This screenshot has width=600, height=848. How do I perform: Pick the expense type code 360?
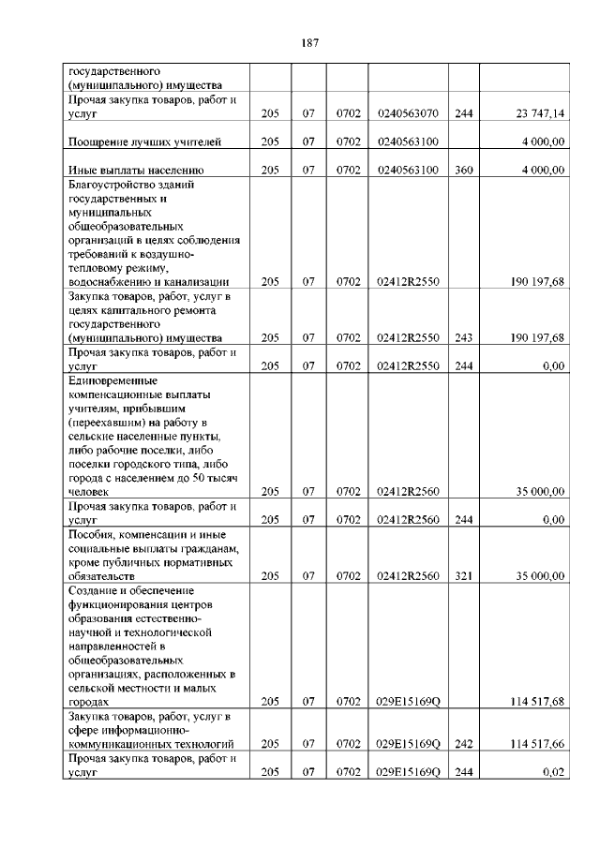(463, 170)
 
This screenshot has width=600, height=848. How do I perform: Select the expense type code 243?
(463, 337)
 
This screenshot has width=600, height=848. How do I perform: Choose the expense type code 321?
(463, 575)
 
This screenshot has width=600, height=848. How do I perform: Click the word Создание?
(95, 590)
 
